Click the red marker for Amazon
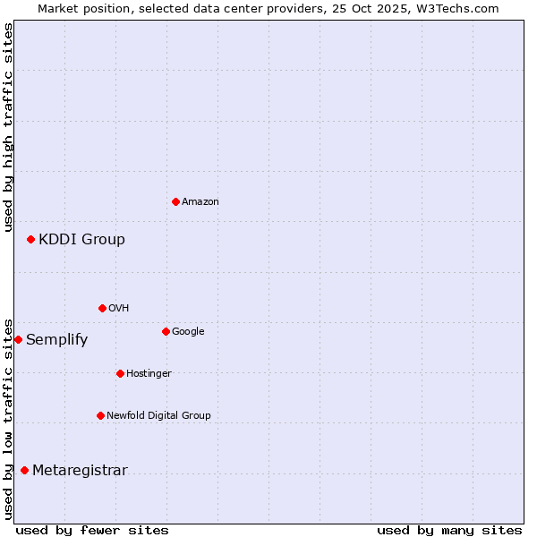click(x=175, y=201)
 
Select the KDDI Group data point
click(x=30, y=239)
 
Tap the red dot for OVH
click(x=102, y=308)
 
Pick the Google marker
click(x=166, y=331)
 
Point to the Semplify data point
click(x=18, y=339)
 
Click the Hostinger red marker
click(x=120, y=373)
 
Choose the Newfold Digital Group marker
click(x=100, y=415)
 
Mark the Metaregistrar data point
click(x=24, y=470)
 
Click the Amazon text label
click(x=200, y=202)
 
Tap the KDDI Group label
click(x=81, y=240)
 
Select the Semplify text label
click(x=56, y=340)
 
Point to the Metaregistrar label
click(x=80, y=471)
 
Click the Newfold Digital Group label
click(x=158, y=415)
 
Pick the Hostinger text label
click(x=149, y=373)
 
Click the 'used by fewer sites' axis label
click(x=92, y=530)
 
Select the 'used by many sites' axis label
click(x=449, y=530)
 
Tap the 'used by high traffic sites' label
click(x=8, y=127)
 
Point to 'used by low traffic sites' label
click(x=8, y=419)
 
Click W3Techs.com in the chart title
click(x=461, y=9)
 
